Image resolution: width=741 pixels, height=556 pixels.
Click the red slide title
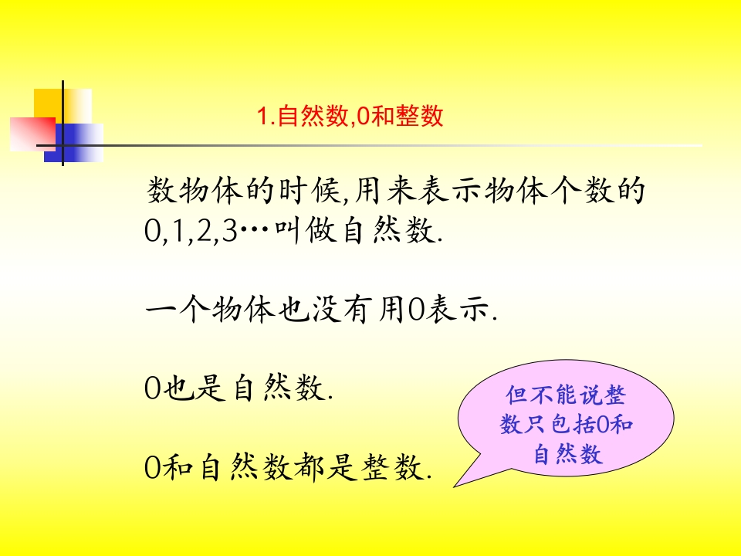[350, 116]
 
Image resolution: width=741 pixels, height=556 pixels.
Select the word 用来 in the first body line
[386, 191]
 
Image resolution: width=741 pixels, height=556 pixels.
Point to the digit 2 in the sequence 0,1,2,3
[204, 232]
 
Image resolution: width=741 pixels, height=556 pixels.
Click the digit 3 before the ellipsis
[229, 232]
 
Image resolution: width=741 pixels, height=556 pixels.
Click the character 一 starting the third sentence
[161, 310]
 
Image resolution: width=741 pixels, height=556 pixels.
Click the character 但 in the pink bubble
[516, 395]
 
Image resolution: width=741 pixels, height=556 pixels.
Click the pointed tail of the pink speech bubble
[455, 486]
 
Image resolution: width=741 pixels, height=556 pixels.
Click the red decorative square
[32, 134]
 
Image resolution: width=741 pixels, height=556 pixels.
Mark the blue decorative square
[74, 143]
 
